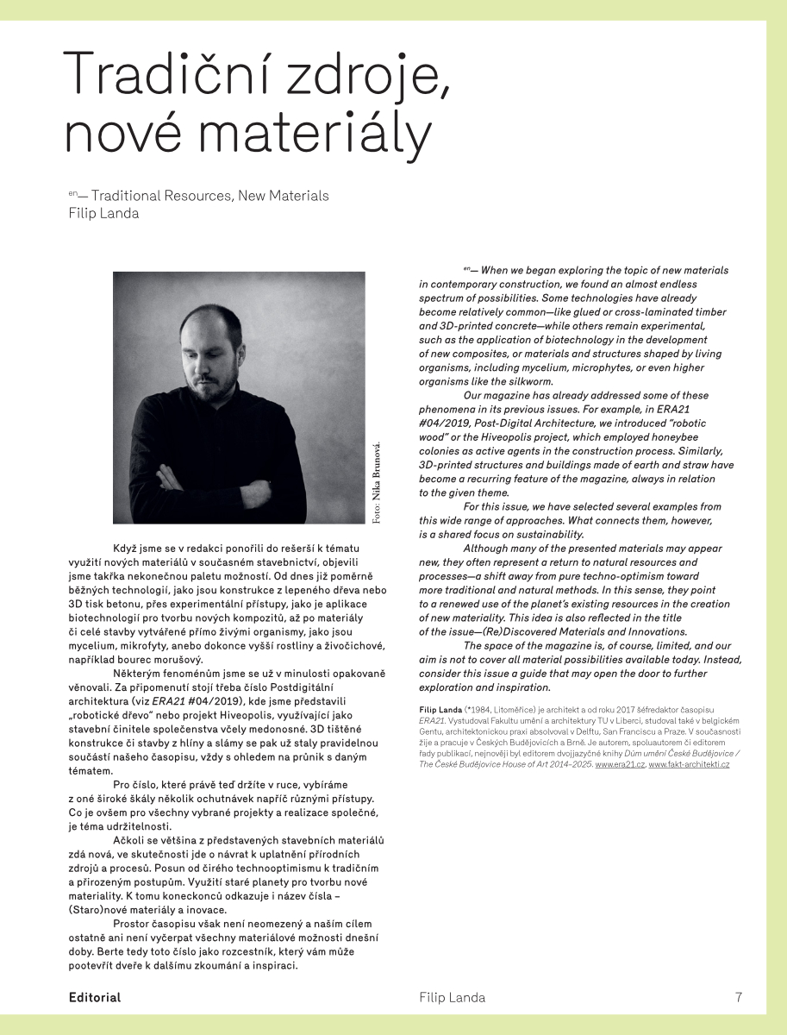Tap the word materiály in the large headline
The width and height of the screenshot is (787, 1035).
click(x=319, y=135)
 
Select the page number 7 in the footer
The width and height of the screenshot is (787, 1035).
click(x=739, y=997)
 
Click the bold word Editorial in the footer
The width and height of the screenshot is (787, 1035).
click(x=95, y=997)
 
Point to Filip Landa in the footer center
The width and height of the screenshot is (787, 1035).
click(x=452, y=997)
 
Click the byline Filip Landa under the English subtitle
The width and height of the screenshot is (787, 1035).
click(x=103, y=214)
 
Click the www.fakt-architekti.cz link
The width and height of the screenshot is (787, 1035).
click(x=689, y=765)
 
